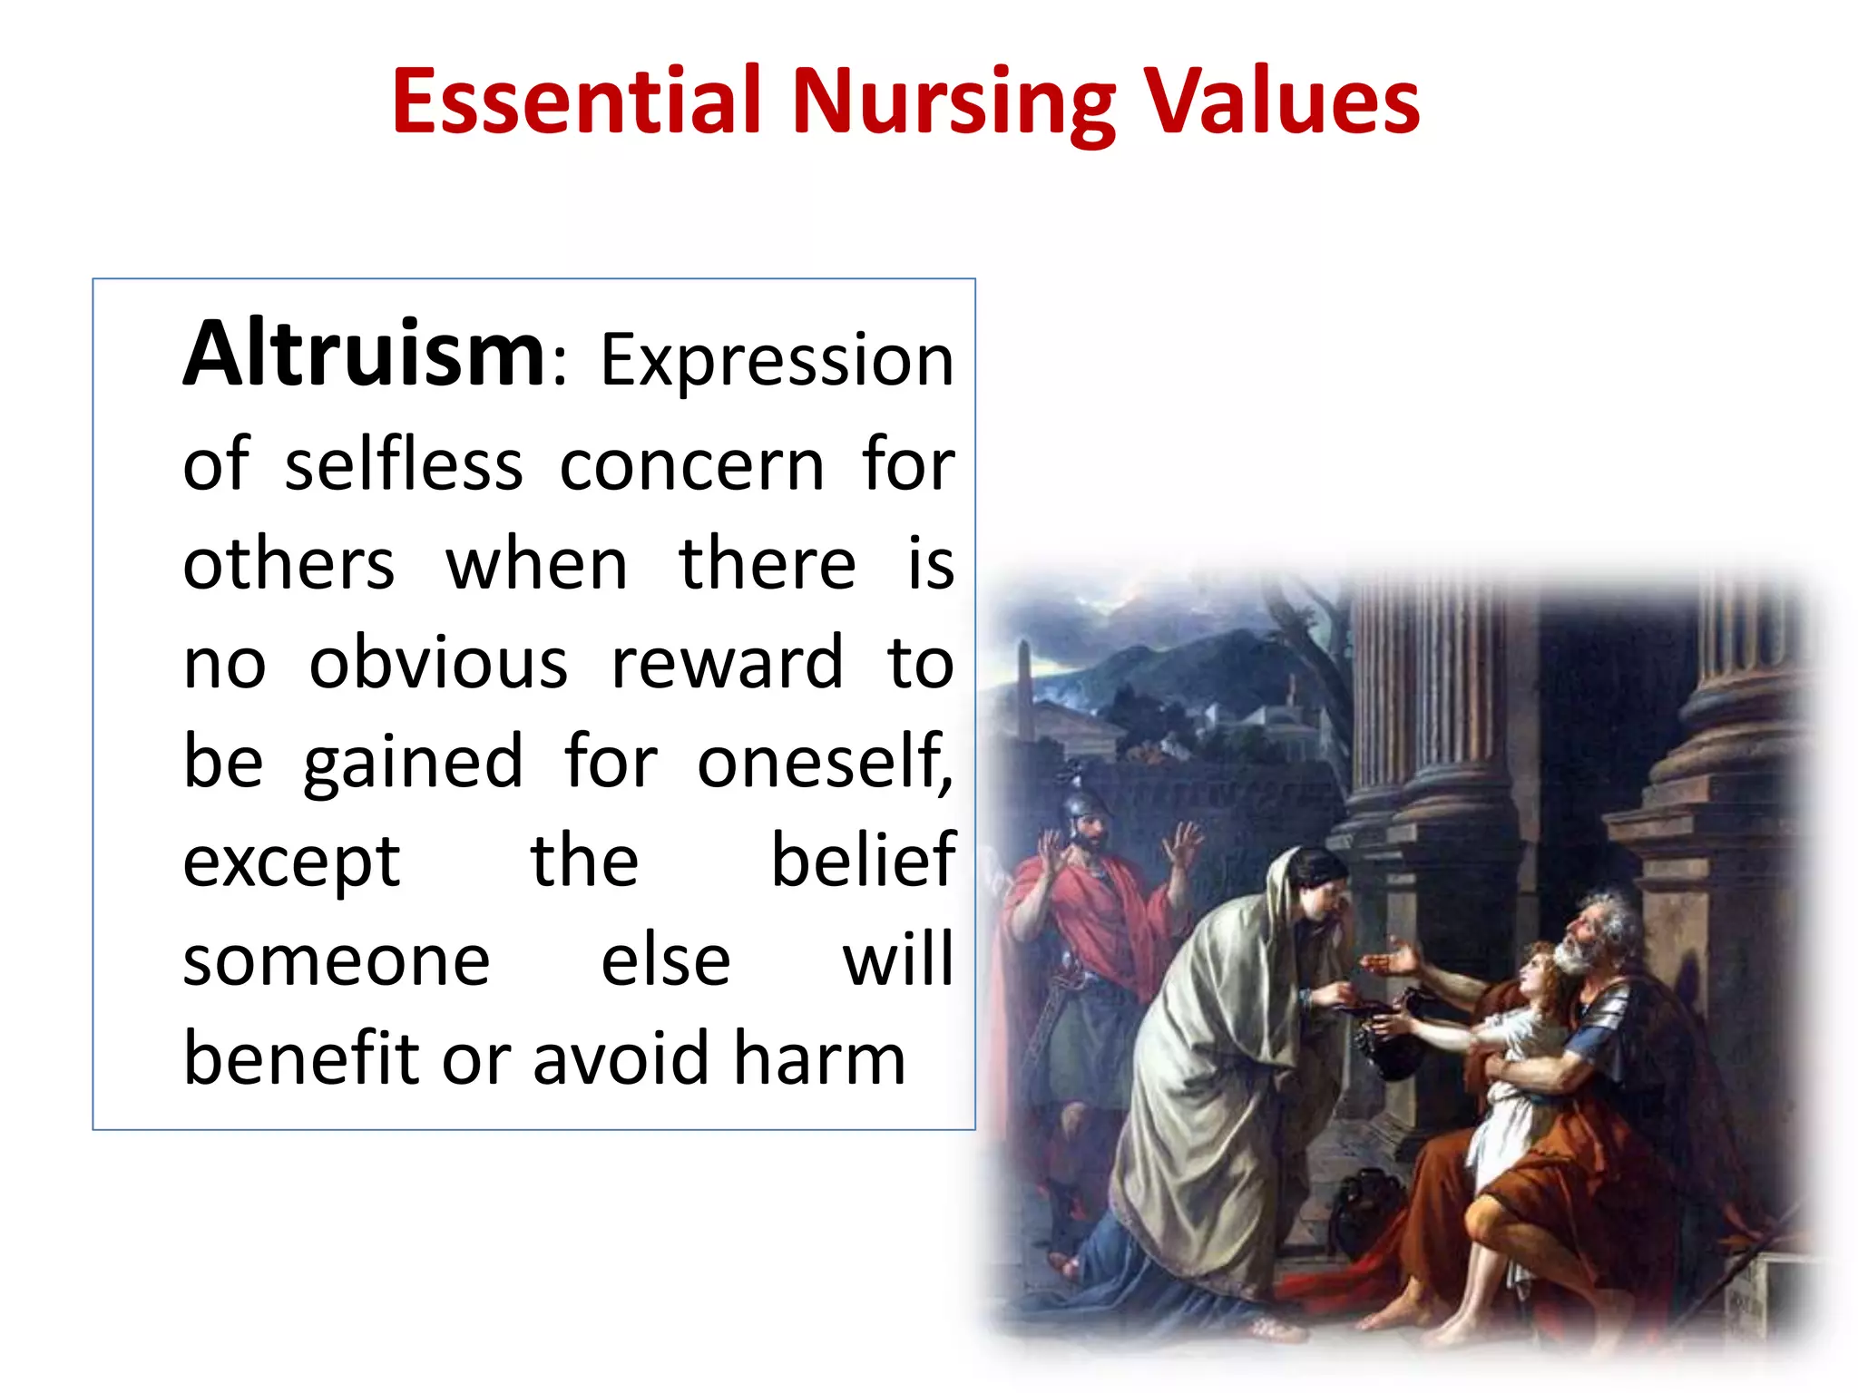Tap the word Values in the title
1280,101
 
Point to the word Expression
777,362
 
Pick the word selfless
404,464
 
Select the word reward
728,662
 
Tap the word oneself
824,762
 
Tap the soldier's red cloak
1089,916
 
